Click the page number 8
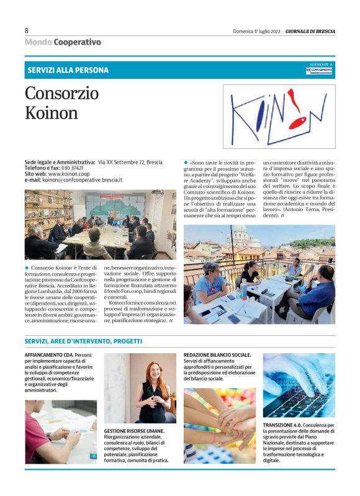pos(27,30)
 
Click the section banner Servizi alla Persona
pos(68,70)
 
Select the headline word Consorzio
pos(62,93)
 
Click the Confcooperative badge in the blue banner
pos(320,70)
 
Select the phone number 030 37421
pos(72,168)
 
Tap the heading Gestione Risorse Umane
pos(134,430)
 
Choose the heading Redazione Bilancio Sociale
pos(217,354)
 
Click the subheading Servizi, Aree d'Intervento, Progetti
pos(83,341)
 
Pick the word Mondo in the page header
pos(38,42)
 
